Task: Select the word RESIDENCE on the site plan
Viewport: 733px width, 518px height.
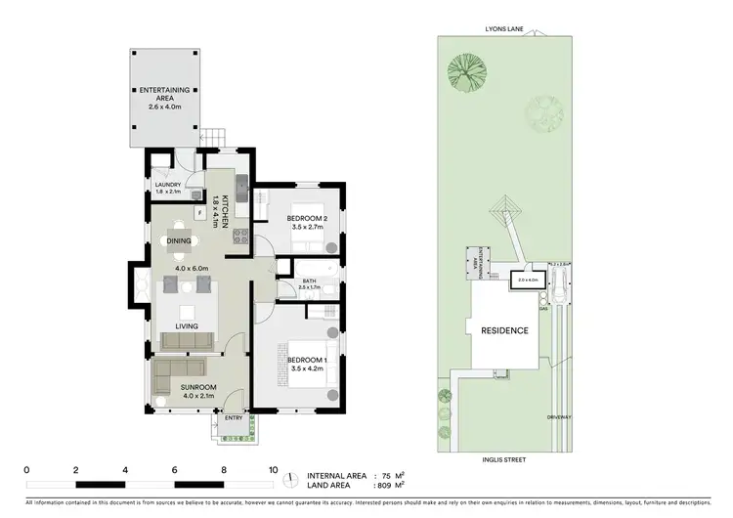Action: click(504, 330)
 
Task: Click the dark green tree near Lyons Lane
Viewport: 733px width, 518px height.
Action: click(464, 70)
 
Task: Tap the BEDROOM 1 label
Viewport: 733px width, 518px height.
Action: click(307, 360)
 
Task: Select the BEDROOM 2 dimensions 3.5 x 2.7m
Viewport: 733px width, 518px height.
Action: click(307, 227)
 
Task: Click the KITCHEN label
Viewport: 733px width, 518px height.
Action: click(224, 211)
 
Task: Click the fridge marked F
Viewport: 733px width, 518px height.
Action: click(199, 211)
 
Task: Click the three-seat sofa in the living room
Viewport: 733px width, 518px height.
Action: click(188, 340)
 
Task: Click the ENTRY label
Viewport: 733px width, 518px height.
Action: click(233, 417)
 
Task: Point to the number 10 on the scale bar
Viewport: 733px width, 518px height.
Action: click(273, 469)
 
